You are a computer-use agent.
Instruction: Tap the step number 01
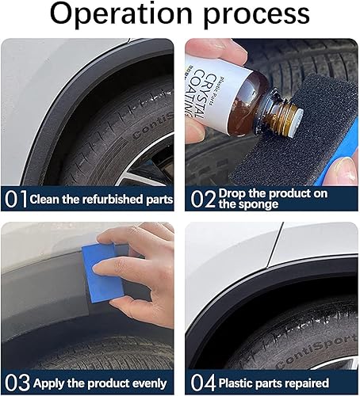coord(14,199)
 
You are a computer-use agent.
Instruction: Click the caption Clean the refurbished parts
coord(101,199)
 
